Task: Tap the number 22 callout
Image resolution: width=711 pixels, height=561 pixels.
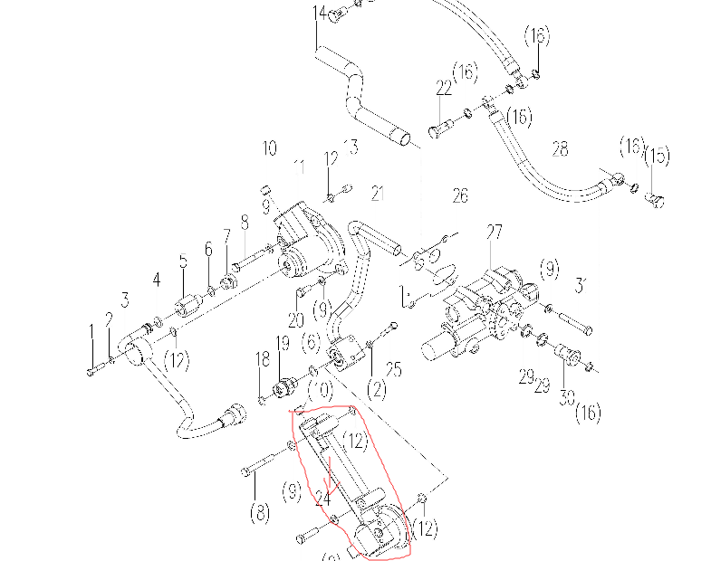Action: [443, 88]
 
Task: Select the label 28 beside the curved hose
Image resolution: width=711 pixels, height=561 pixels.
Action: [560, 149]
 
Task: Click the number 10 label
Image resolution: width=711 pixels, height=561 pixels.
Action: [269, 147]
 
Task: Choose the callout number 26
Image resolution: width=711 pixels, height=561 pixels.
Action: [460, 195]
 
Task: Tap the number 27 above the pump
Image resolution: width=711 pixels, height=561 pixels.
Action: [494, 233]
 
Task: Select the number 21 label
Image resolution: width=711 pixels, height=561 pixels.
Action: [378, 193]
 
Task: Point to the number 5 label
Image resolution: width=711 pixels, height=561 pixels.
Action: [183, 262]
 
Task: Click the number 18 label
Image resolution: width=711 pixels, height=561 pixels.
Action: [262, 359]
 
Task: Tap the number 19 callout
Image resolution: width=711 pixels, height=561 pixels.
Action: [282, 343]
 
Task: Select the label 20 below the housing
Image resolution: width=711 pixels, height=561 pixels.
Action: [295, 319]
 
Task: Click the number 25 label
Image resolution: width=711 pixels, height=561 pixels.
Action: [392, 368]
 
